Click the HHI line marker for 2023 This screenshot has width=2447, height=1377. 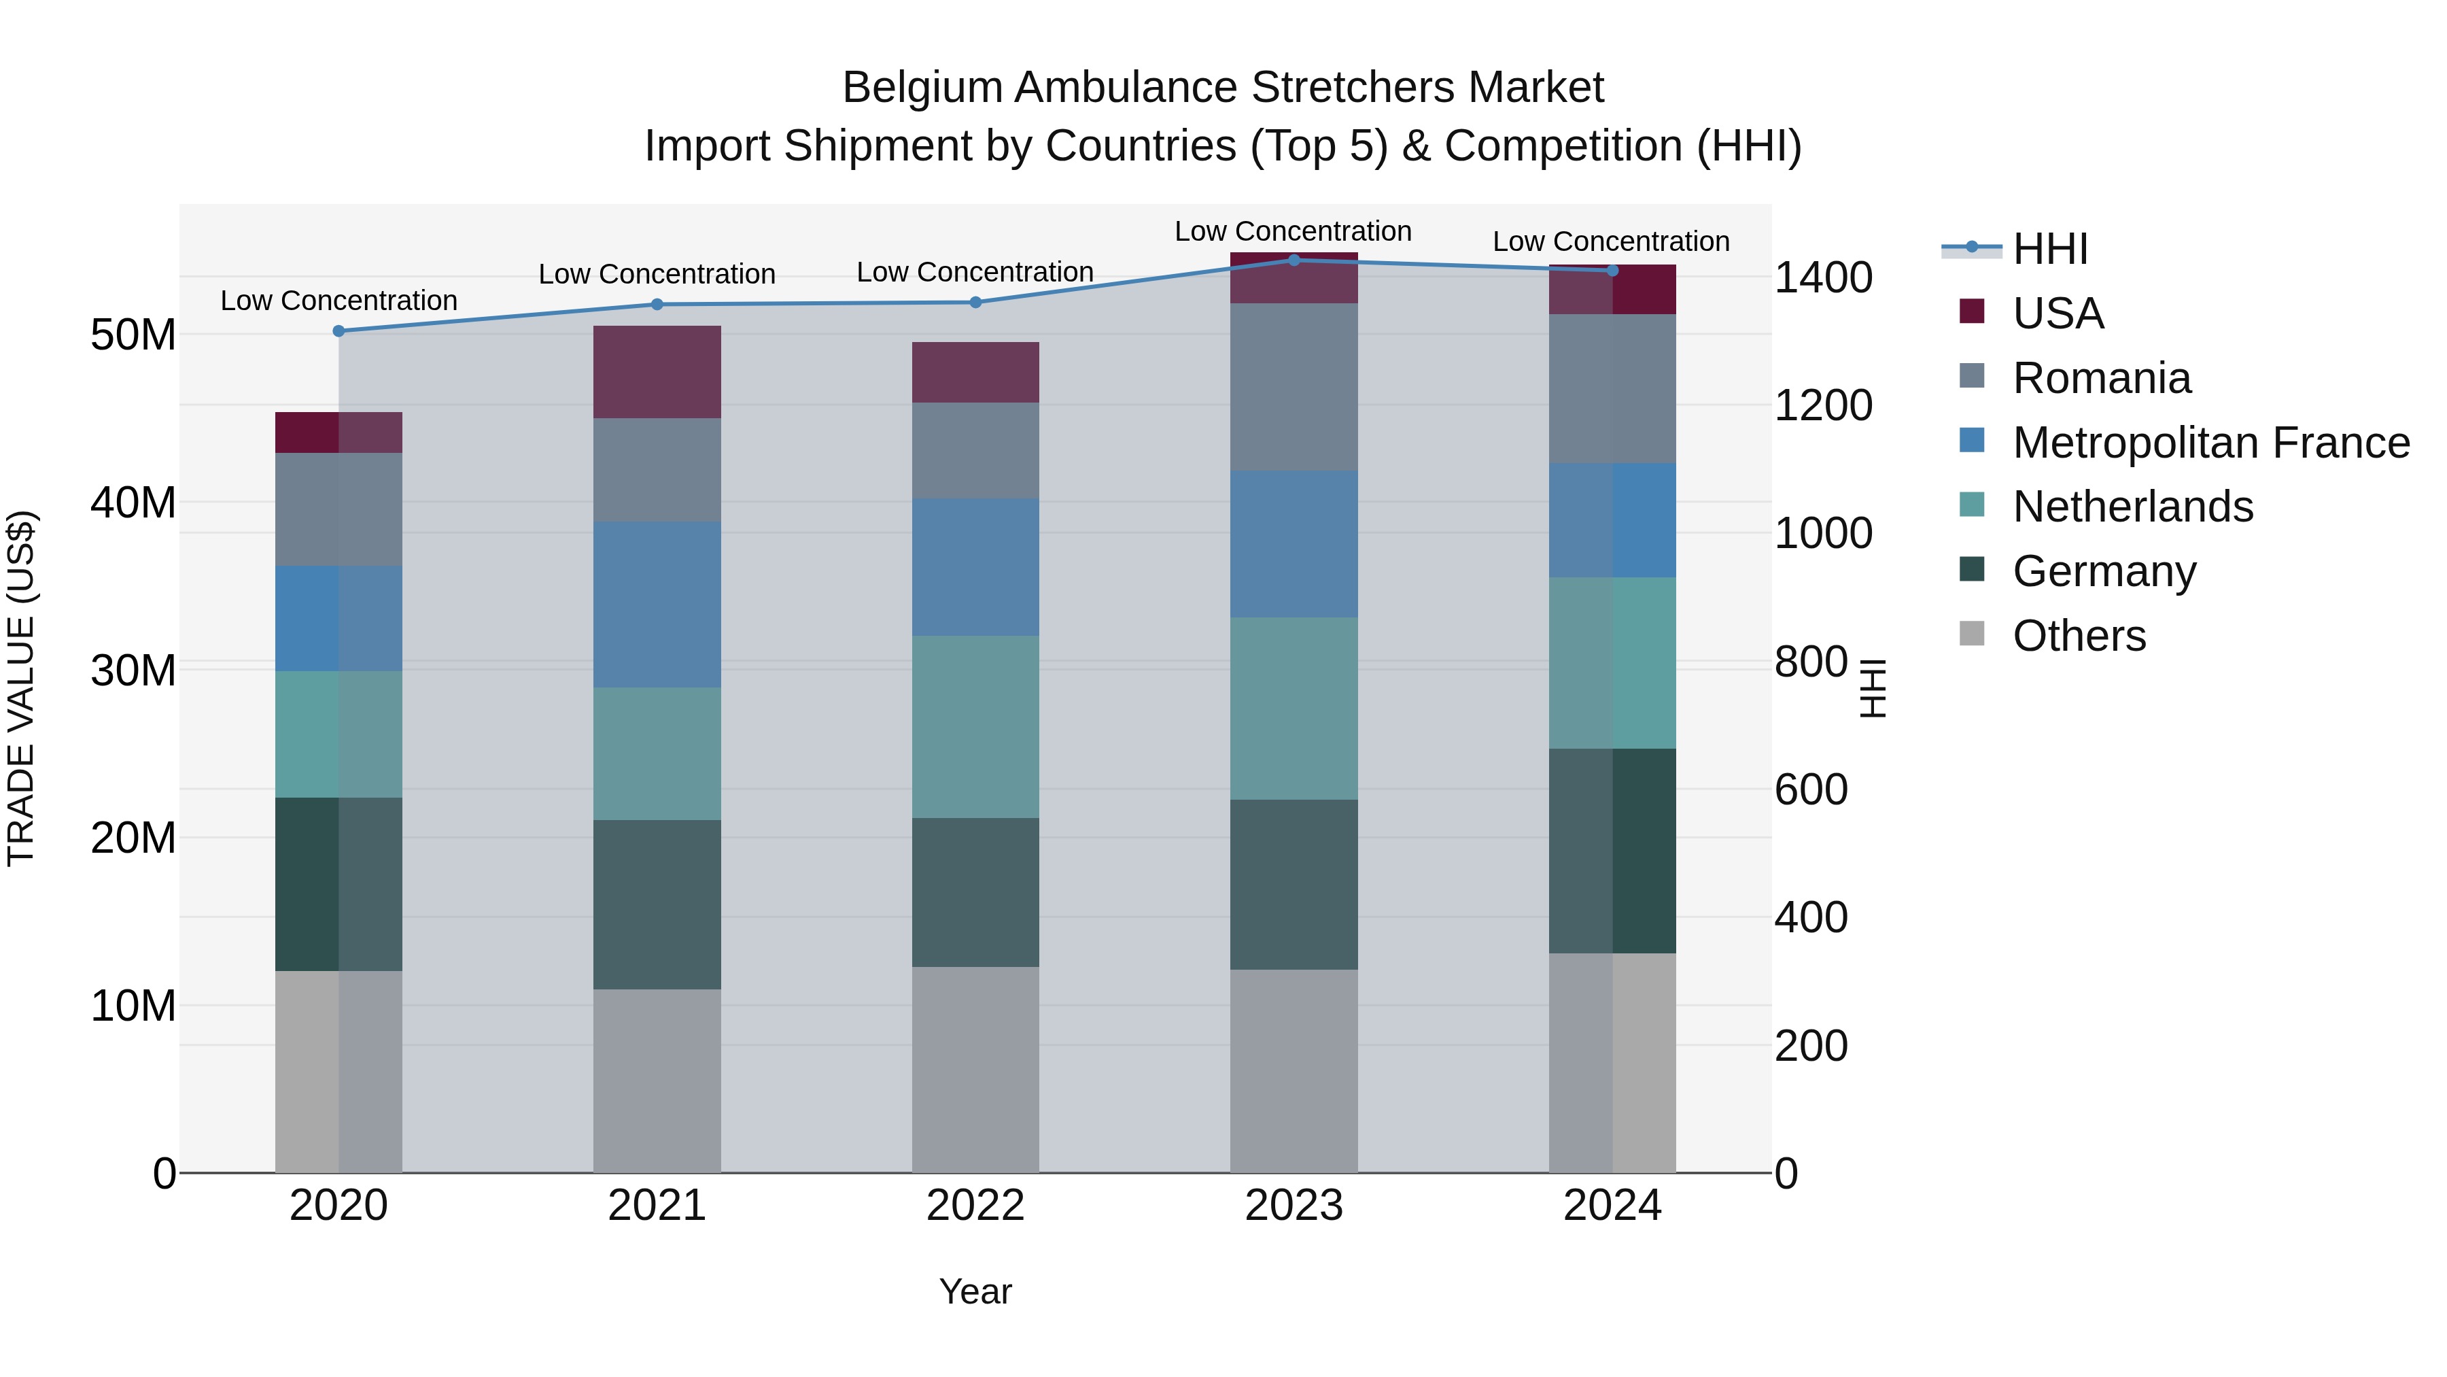coord(1293,260)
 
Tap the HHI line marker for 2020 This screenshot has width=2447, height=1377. coord(339,330)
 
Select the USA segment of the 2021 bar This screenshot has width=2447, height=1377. coord(657,371)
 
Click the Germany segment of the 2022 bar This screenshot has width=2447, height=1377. coord(975,891)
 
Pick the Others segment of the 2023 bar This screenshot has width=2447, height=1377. coord(1293,1070)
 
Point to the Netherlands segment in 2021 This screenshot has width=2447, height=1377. coord(657,753)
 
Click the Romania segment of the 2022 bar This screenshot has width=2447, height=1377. coord(975,449)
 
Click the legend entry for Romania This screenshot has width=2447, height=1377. coord(2100,378)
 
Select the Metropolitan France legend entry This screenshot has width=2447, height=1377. coord(2210,443)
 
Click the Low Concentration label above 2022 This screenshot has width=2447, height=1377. coord(975,272)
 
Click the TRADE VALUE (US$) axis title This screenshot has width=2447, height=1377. coord(21,688)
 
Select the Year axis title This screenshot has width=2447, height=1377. coord(975,1291)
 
